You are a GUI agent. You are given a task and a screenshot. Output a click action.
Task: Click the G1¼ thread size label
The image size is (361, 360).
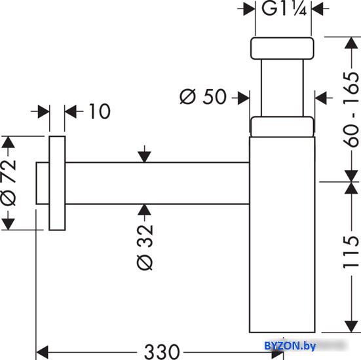tap(284, 9)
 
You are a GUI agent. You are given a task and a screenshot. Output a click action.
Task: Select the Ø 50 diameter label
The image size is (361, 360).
tap(203, 97)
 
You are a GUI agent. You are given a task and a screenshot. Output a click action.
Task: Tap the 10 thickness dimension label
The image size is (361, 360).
tap(100, 111)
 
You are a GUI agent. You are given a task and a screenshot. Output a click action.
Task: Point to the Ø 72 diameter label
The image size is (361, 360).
tap(9, 182)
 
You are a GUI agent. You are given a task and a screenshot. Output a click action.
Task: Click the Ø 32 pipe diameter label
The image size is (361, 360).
tap(145, 247)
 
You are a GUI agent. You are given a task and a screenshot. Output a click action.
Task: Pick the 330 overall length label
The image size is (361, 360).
tap(162, 352)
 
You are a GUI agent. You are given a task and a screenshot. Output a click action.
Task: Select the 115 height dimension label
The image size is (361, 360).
tap(351, 253)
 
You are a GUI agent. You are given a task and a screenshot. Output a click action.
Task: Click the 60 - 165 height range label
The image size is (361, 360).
tap(351, 110)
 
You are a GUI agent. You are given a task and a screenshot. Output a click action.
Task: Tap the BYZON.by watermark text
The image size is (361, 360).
tap(290, 346)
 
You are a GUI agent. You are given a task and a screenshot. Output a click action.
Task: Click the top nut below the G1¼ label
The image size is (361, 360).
tap(282, 48)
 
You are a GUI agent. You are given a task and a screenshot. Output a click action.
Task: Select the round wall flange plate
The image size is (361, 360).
tap(57, 183)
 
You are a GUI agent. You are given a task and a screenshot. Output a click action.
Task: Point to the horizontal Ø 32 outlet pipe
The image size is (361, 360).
tap(157, 183)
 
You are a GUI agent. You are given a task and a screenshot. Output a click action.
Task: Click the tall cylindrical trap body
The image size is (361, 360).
tap(282, 234)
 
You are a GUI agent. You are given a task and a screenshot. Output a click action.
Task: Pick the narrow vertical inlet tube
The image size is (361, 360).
tap(282, 88)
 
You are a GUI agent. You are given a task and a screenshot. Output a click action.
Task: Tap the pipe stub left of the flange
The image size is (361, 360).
tap(43, 183)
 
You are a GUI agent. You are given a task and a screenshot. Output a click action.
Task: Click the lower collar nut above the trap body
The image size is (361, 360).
tap(282, 127)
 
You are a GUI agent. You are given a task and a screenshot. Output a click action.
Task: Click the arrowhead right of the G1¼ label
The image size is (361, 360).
tap(317, 9)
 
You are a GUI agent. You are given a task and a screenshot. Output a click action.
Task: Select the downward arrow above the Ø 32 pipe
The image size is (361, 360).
tap(144, 154)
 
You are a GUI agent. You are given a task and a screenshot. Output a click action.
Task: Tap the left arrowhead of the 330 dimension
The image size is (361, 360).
tap(43, 352)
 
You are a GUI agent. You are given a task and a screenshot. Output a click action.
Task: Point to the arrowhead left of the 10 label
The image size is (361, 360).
tap(44, 111)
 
